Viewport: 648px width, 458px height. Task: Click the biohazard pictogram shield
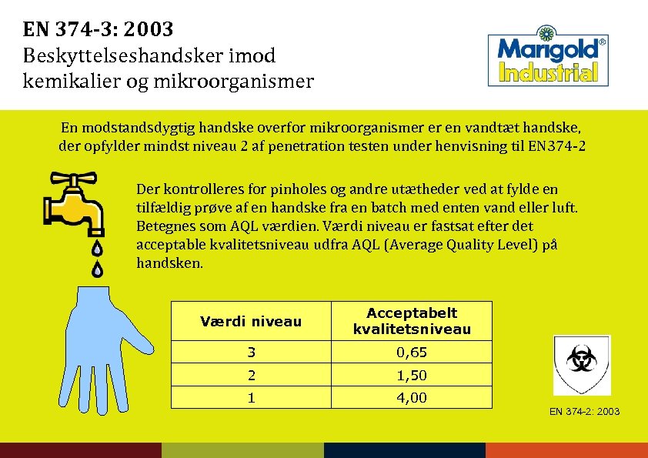pos(581,364)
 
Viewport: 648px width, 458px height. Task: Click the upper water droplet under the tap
pos(98,248)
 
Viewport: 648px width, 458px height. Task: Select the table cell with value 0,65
pos(412,353)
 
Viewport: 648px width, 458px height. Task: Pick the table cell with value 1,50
pos(412,375)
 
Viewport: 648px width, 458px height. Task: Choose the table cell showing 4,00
pos(412,397)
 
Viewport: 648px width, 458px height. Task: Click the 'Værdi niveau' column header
pos(251,322)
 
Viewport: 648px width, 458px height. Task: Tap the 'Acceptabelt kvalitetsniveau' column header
pos(412,321)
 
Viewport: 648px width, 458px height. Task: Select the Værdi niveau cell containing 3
pos(251,353)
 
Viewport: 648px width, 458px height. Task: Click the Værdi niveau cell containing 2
pos(251,375)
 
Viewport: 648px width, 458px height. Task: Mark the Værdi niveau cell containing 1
pos(251,397)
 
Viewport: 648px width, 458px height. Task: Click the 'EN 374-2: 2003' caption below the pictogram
pos(584,412)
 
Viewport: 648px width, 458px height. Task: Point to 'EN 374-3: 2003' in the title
pos(99,30)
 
